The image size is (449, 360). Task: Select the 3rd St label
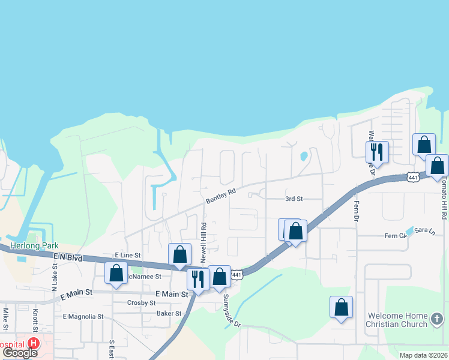tap(294, 199)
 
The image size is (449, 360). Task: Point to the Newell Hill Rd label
tap(204, 242)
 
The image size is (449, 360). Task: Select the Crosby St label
tap(142, 303)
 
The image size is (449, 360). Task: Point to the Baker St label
tap(169, 313)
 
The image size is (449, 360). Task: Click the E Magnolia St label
tap(83, 316)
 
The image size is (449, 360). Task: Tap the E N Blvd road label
tap(67, 256)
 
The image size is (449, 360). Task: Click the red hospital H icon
tap(34, 344)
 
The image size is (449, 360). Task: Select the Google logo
tap(20, 353)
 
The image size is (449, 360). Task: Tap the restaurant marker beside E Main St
tap(197, 278)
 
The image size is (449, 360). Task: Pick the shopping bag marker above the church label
tap(341, 307)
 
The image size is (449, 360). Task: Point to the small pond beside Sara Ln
tap(410, 230)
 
